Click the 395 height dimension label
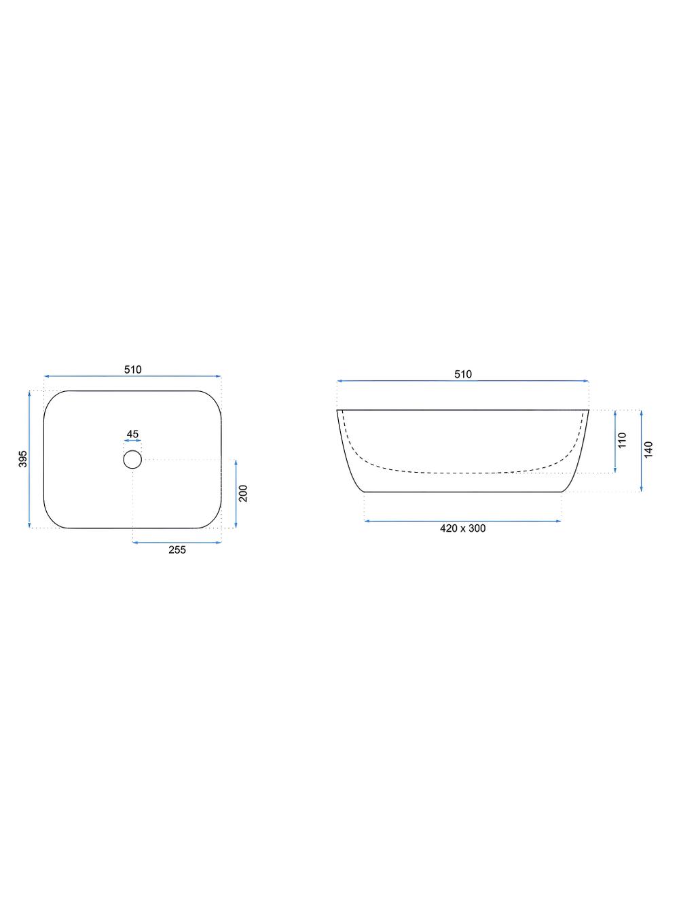23,459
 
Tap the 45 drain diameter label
132,434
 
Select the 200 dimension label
244,493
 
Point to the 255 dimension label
177,550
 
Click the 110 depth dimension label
623,441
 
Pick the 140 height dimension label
648,450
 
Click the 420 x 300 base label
462,528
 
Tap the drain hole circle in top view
132,460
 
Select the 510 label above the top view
132,369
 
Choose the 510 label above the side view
462,374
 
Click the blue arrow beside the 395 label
30,459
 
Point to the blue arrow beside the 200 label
235,493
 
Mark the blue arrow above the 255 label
177,542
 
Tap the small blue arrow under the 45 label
132,442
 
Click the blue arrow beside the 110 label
614,441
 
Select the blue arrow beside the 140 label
641,450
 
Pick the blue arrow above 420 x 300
462,521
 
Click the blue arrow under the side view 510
462,381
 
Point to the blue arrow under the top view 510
132,376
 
